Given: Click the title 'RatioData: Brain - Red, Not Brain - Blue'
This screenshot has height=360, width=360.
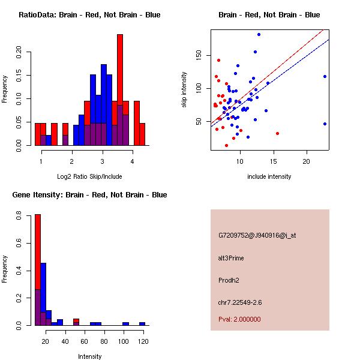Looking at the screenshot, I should pyautogui.click(x=89, y=14).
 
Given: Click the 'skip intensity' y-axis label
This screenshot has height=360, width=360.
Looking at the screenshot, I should pyautogui.click(x=185, y=89).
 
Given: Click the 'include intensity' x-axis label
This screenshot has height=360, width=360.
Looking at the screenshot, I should pyautogui.click(x=269, y=176).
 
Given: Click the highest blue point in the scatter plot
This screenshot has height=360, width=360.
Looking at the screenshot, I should pyautogui.click(x=259, y=34).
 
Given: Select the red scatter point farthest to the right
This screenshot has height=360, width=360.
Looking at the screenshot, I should pyautogui.click(x=277, y=133).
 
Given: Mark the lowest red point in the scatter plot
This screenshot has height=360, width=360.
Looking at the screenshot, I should pyautogui.click(x=226, y=145).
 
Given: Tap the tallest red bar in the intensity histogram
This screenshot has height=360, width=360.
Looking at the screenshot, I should pyautogui.click(x=38, y=252).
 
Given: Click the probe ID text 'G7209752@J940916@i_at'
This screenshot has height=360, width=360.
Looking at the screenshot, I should pyautogui.click(x=257, y=235).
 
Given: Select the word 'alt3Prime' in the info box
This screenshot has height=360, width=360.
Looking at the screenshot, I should pyautogui.click(x=231, y=258).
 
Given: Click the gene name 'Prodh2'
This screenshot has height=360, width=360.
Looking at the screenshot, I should pyautogui.click(x=229, y=280).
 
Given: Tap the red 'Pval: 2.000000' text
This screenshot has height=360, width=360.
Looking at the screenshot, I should pyautogui.click(x=240, y=319).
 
